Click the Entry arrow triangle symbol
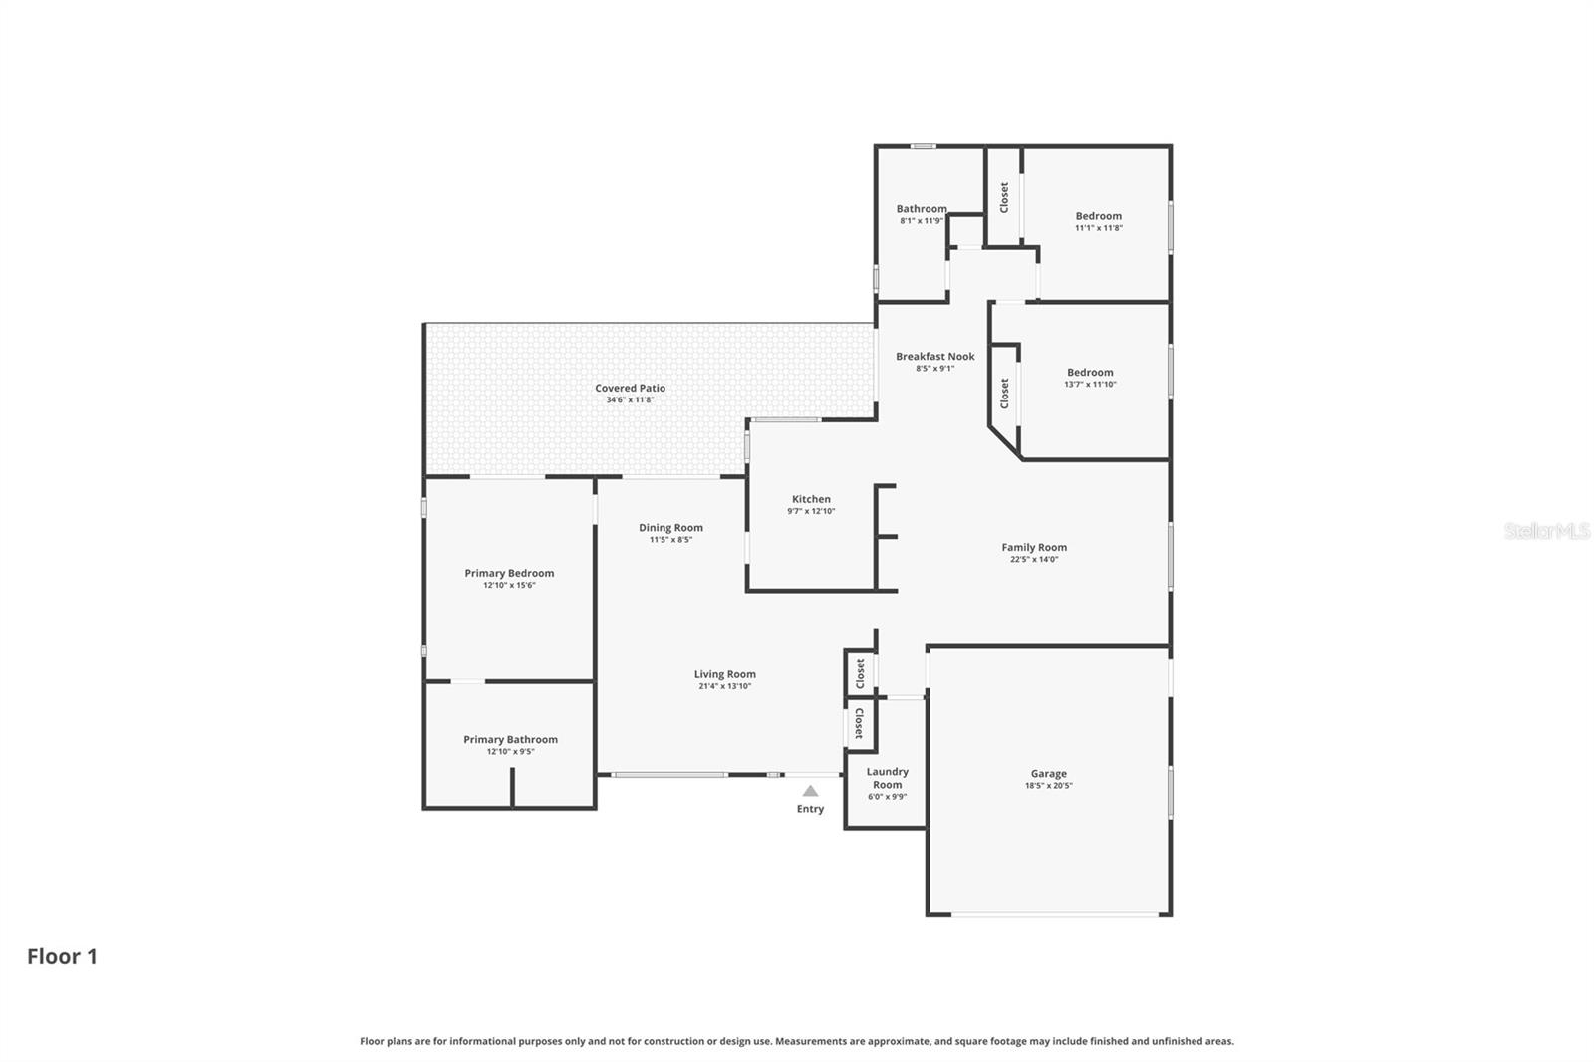(810, 791)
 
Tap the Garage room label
(1048, 774)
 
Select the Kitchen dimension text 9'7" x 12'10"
(811, 511)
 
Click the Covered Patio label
(630, 389)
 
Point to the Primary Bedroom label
(509, 573)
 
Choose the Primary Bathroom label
(510, 740)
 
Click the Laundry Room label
(887, 778)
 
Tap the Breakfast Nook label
(934, 357)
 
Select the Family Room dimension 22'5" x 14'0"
(1034, 560)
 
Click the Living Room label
(724, 675)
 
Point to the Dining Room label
(670, 528)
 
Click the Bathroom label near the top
(921, 209)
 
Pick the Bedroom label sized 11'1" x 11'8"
(1098, 216)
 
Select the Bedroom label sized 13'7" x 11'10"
(1090, 373)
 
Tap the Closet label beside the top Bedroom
(1004, 197)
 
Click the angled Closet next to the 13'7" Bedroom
(1004, 394)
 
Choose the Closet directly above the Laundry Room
(859, 723)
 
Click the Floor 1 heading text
(62, 957)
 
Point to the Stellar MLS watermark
(1546, 531)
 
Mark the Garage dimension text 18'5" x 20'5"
(1048, 786)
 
